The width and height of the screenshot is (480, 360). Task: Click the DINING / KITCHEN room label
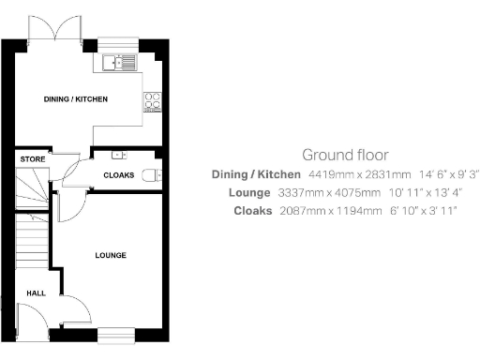click(76, 98)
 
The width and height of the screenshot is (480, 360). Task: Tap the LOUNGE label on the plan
click(111, 255)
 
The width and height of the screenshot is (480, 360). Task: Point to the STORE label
click(32, 159)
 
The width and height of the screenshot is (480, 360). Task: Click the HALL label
click(36, 293)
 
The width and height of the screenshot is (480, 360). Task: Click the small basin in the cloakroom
click(117, 155)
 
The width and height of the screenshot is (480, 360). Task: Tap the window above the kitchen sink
click(118, 43)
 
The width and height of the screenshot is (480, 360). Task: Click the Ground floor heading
click(345, 155)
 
